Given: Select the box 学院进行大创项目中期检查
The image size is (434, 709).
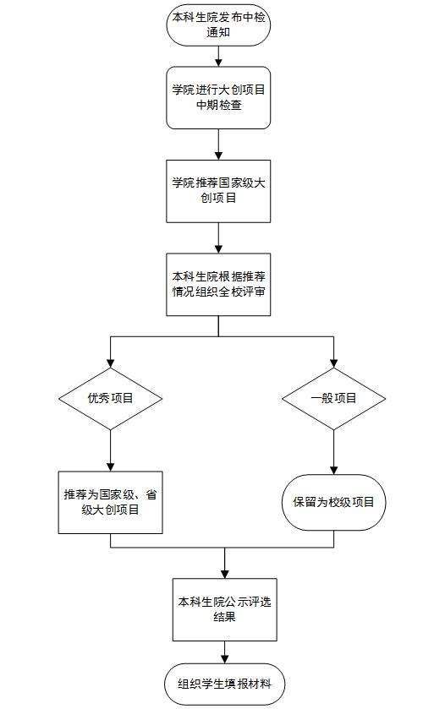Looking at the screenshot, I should [x=218, y=98].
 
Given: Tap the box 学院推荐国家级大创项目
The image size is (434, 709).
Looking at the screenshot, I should [x=218, y=191].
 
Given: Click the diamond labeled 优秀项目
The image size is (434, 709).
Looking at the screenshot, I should [x=110, y=398].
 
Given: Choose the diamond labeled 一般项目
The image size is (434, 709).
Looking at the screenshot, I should [x=333, y=398].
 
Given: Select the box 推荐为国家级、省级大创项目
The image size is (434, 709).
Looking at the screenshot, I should [x=110, y=502].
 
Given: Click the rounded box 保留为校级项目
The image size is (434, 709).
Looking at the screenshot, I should [x=333, y=502].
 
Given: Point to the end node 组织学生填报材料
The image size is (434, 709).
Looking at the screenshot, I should [x=224, y=684].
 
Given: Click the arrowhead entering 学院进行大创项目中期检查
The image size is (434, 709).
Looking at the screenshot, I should [x=218, y=62].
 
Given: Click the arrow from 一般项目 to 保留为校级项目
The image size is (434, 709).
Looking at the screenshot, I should [x=333, y=452].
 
